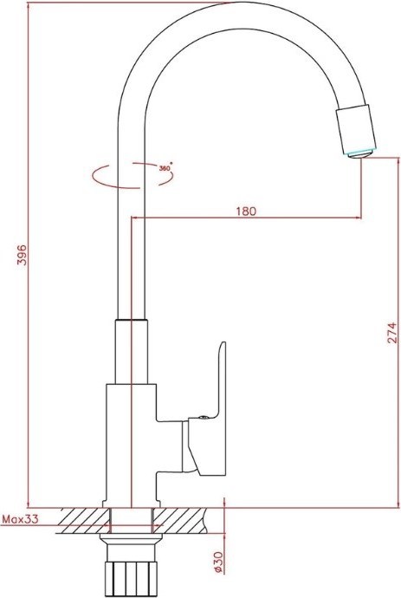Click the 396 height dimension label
click(23, 255)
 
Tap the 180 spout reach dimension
click(246, 211)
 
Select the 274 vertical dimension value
click(391, 333)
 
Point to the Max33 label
click(21, 519)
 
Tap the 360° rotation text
click(165, 167)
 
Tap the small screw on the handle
click(204, 417)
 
